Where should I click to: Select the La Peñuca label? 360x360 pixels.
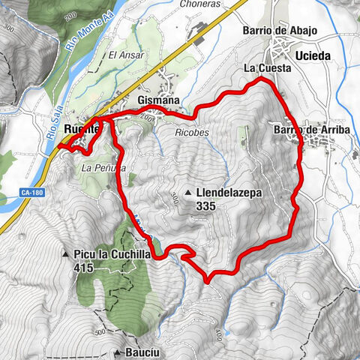pyautogui.click(x=99, y=167)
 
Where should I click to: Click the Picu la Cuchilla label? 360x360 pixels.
pyautogui.click(x=112, y=254)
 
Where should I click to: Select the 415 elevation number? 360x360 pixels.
pyautogui.click(x=84, y=266)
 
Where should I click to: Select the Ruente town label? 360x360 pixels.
pyautogui.click(x=81, y=127)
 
